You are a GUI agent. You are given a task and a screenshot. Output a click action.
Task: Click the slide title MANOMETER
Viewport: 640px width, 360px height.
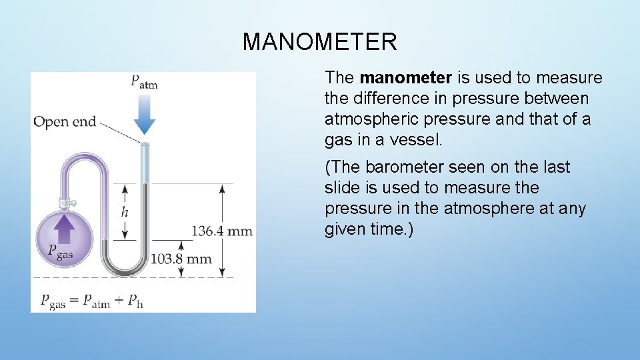320,42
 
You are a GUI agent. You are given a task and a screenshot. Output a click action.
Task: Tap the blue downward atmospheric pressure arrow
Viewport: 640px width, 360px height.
144,114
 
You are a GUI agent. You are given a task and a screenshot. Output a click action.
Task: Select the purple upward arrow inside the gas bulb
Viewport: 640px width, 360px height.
64,230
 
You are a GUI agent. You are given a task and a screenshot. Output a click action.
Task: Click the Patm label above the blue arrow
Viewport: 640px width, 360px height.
144,81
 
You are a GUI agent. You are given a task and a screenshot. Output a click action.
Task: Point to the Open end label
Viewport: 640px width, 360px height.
65,121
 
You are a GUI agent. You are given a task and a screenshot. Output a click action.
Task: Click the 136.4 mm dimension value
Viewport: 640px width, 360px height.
222,231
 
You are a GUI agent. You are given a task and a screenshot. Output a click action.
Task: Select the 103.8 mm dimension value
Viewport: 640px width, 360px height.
181,259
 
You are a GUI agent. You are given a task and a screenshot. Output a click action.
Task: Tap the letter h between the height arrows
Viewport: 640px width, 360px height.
125,212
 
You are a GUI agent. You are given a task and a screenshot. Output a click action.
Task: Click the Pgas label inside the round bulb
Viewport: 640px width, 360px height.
61,251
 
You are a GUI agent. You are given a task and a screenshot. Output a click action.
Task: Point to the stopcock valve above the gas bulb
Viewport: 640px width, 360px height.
65,201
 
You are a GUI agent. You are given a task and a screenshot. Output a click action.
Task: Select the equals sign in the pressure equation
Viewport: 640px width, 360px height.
75,300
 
